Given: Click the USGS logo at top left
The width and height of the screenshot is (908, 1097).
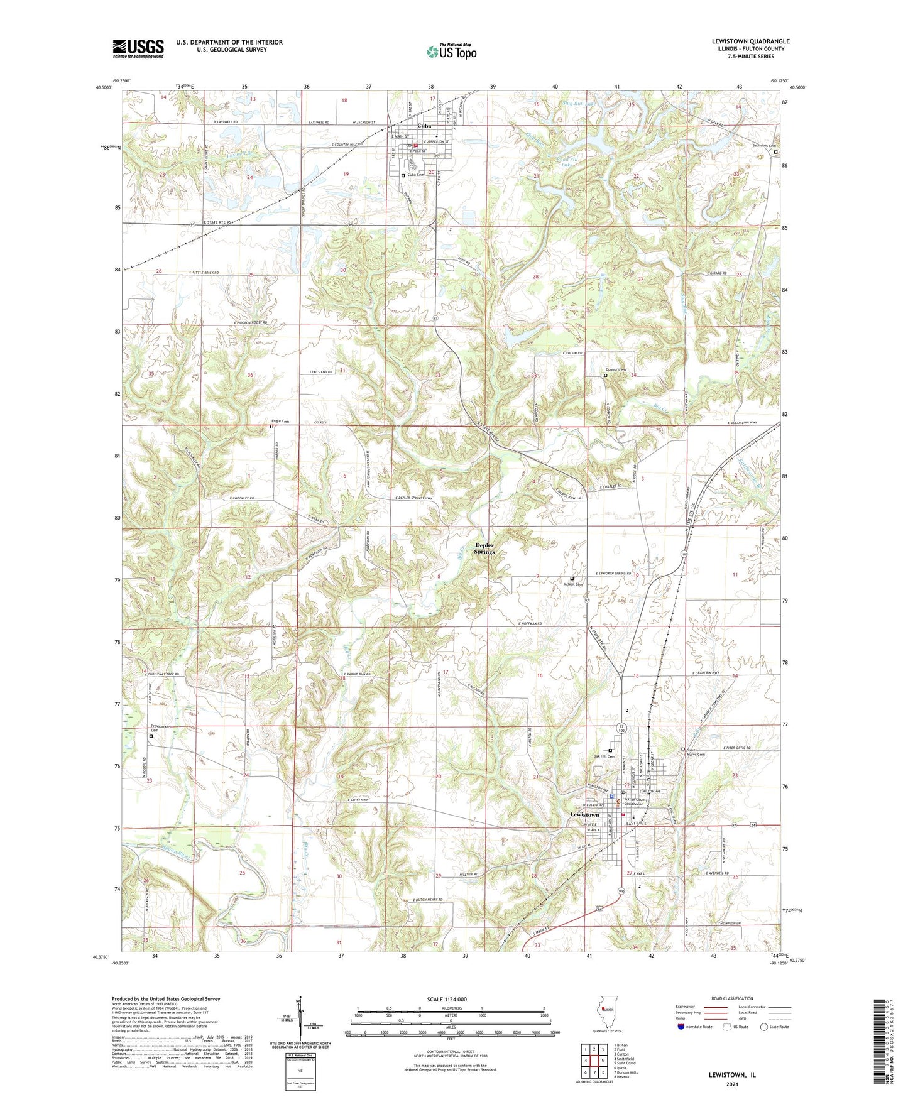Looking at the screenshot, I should pos(138,48).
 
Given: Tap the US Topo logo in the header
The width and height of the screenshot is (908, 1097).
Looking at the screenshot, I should pos(451,52).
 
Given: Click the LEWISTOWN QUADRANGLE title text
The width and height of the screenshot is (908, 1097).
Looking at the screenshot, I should pos(747,41).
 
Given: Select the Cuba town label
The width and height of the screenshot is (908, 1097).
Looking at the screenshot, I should pos(425,126).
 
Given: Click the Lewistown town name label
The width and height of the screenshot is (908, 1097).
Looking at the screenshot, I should pos(584,814).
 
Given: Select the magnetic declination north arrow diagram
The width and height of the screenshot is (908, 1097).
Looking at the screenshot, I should pos(300,1018).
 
